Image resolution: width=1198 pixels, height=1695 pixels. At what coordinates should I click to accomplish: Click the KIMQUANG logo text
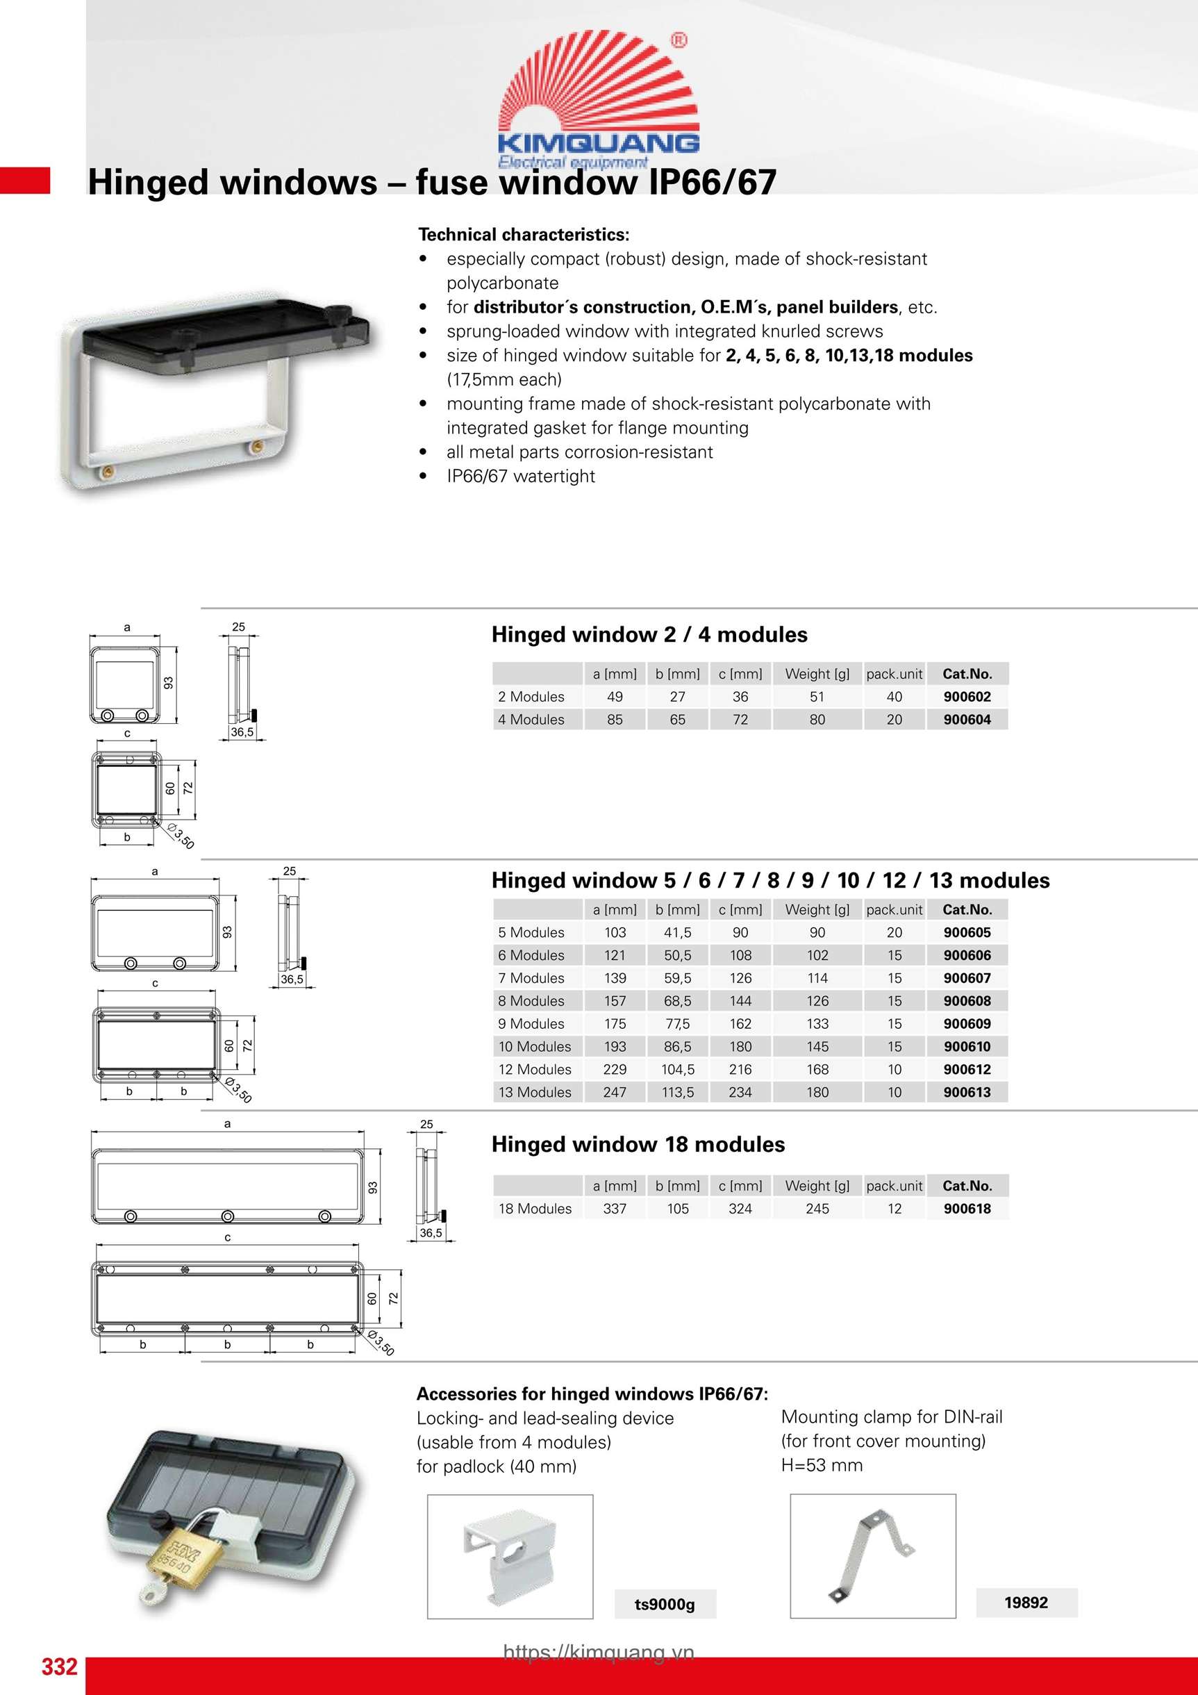[598, 142]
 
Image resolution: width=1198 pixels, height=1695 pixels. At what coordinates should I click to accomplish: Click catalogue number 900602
[967, 697]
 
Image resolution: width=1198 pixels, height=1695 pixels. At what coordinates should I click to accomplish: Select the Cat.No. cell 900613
[967, 1092]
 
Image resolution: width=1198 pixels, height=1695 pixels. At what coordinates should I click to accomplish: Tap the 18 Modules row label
[535, 1209]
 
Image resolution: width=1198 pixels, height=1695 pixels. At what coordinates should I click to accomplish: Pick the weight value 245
[817, 1209]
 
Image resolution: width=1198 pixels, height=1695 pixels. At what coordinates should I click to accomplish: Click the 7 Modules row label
[531, 978]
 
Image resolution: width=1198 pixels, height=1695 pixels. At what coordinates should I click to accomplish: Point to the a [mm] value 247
[615, 1092]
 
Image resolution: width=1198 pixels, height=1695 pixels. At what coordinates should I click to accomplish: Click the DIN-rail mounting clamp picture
[872, 1555]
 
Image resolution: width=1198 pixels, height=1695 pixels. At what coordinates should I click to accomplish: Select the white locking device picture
[509, 1555]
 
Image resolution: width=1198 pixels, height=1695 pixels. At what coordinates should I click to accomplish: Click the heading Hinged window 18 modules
[638, 1144]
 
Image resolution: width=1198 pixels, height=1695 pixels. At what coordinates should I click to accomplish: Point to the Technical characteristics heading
[524, 235]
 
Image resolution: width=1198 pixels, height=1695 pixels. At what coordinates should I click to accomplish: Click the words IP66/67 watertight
[520, 476]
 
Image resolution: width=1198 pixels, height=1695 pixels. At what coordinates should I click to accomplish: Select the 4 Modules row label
[531, 720]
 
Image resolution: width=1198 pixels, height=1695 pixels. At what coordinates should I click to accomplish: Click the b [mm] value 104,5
[678, 1069]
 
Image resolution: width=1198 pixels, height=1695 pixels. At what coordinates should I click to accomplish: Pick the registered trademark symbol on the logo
[678, 40]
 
